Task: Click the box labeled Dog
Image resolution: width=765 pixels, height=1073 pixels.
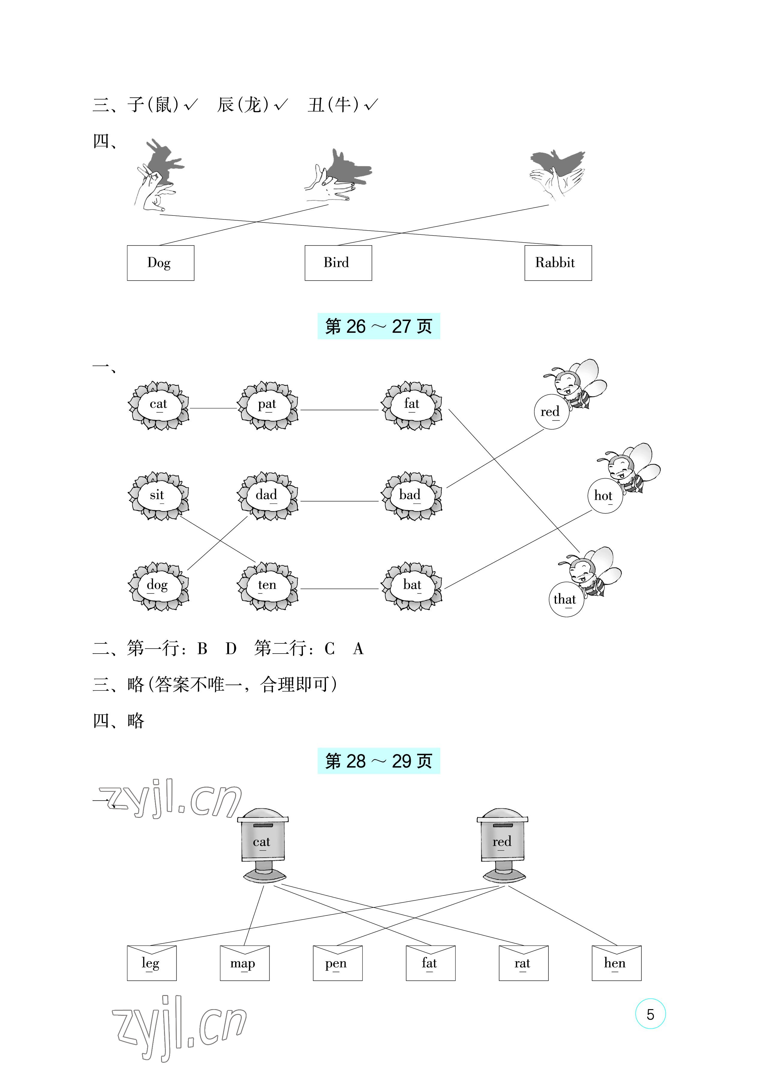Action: (x=161, y=263)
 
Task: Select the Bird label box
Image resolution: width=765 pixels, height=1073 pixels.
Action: (x=338, y=263)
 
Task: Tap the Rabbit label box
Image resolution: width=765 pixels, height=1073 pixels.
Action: (x=558, y=263)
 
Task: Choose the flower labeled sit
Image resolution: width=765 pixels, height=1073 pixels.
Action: (x=159, y=496)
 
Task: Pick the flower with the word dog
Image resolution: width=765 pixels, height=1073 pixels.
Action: (x=159, y=586)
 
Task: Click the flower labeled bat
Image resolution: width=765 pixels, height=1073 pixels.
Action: (x=412, y=586)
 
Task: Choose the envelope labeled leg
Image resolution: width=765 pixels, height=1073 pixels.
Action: (x=152, y=963)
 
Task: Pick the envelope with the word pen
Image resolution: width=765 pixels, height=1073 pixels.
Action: (x=338, y=963)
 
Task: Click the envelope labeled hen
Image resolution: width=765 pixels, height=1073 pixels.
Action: (x=617, y=963)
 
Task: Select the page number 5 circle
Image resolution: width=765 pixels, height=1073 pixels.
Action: (x=650, y=1014)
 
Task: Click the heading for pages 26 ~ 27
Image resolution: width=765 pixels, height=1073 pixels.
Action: (x=379, y=326)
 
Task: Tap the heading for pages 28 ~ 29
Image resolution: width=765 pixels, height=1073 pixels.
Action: (x=379, y=760)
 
